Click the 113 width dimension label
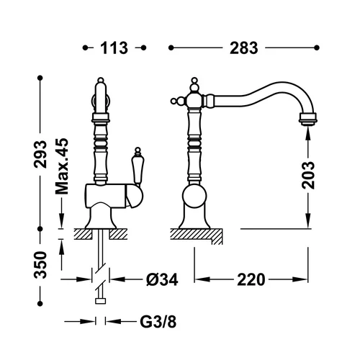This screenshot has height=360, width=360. (x=114, y=48)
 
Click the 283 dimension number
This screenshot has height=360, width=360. (x=244, y=48)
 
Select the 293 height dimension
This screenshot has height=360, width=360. (x=40, y=154)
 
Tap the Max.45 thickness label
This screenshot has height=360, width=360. (x=62, y=166)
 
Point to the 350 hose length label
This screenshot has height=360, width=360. (x=40, y=265)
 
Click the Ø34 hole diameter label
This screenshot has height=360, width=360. (x=162, y=279)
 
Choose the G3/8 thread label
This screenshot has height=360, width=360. (x=158, y=322)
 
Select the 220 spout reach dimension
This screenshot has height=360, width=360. (x=251, y=279)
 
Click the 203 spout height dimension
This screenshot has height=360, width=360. (x=308, y=175)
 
